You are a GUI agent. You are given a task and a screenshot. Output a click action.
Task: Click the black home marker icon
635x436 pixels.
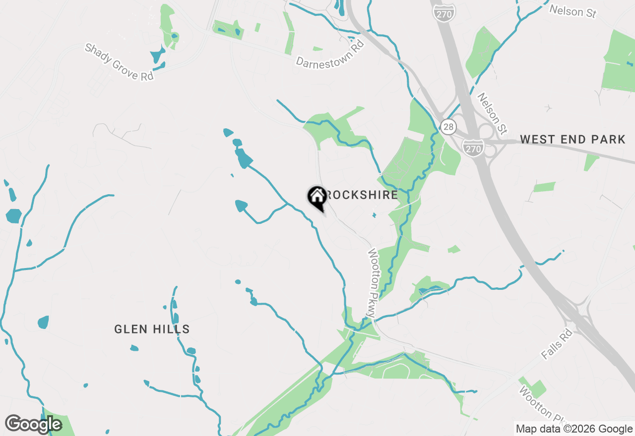[x=317, y=197]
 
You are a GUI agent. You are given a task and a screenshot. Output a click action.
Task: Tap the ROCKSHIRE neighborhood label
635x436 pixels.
[x=362, y=195]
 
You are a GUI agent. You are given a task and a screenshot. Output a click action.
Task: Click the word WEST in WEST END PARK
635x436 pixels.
[x=537, y=140]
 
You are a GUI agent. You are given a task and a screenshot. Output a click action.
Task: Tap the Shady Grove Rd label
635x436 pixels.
[x=119, y=62]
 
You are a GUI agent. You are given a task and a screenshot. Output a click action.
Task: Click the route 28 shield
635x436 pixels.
[x=448, y=127]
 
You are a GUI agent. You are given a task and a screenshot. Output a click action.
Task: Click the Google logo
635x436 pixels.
[x=33, y=425]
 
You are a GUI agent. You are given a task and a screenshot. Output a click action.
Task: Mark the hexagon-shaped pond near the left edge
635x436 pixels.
[x=14, y=216]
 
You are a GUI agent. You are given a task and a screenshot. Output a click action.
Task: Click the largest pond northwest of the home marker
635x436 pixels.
[x=244, y=159]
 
